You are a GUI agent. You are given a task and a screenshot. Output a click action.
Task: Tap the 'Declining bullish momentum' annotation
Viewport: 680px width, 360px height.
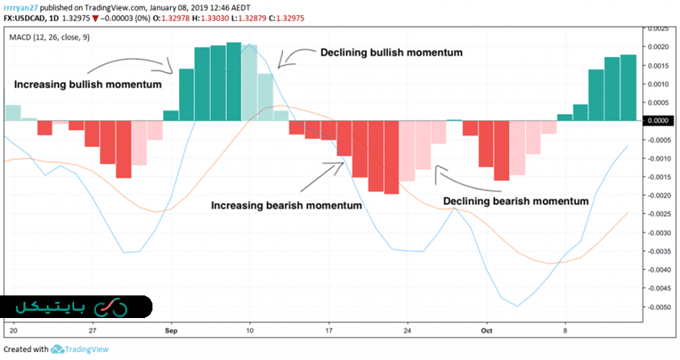pos(391,53)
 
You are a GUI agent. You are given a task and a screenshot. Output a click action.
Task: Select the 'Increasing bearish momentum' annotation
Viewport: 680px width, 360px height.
pos(286,205)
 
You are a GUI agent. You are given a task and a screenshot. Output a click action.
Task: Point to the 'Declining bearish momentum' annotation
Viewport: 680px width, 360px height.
pos(515,200)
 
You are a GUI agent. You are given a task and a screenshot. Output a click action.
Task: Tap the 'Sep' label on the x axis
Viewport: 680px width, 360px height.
pos(171,331)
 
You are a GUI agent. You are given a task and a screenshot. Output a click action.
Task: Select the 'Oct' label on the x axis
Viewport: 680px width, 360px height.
pos(486,331)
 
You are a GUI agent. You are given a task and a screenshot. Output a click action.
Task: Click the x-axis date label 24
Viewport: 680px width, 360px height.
pos(407,331)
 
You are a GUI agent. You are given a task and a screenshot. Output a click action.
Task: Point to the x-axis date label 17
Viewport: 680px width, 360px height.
pos(328,331)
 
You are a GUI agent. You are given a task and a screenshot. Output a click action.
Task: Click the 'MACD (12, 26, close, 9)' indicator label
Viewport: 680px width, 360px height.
pos(50,37)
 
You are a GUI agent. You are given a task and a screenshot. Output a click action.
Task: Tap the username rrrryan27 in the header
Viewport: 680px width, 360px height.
pos(25,8)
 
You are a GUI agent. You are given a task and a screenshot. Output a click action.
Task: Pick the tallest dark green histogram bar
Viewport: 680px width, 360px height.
pos(234,81)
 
